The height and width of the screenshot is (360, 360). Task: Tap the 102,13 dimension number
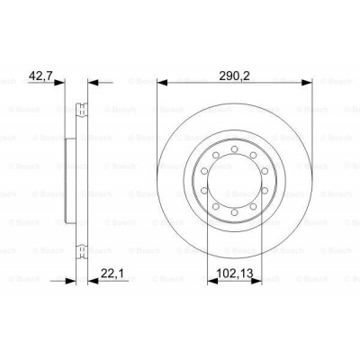pos(235,265)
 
